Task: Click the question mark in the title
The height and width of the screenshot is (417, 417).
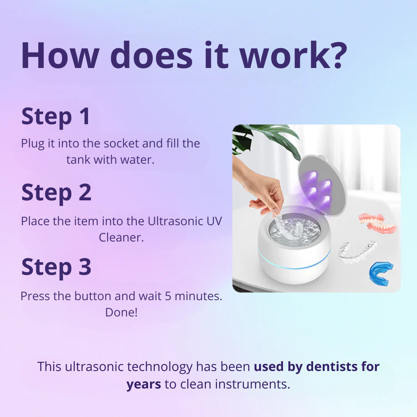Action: [337, 55]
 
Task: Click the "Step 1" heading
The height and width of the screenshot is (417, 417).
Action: [55, 116]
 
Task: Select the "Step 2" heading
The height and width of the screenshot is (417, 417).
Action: [56, 192]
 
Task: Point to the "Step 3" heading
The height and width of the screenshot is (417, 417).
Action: [56, 267]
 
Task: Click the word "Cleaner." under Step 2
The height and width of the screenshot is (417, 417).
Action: [121, 237]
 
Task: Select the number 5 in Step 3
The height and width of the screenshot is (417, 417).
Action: [168, 296]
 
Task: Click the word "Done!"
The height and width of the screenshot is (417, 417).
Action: [121, 312]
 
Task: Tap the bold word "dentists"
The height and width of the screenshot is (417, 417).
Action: [331, 367]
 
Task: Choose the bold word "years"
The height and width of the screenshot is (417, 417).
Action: [144, 384]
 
